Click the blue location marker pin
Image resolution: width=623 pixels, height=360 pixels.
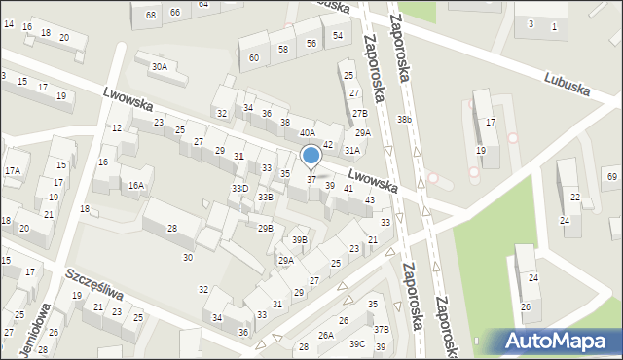(311, 157)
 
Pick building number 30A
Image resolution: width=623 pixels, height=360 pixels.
(159, 67)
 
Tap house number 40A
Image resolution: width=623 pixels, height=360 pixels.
(307, 132)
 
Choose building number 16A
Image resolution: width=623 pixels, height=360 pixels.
(136, 184)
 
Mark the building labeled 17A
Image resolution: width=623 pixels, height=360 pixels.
(12, 170)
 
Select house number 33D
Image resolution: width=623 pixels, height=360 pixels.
(239, 188)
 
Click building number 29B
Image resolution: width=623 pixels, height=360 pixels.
(265, 228)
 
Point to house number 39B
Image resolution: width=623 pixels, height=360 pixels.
(300, 239)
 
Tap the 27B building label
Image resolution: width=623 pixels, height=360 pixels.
(359, 114)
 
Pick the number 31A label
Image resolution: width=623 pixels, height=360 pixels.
(351, 150)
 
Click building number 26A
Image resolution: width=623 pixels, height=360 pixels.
(325, 336)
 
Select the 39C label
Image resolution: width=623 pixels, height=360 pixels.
(357, 343)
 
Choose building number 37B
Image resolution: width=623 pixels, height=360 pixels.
(382, 330)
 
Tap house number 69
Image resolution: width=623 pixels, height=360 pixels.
(611, 176)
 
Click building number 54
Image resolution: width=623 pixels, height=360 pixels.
(337, 35)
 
